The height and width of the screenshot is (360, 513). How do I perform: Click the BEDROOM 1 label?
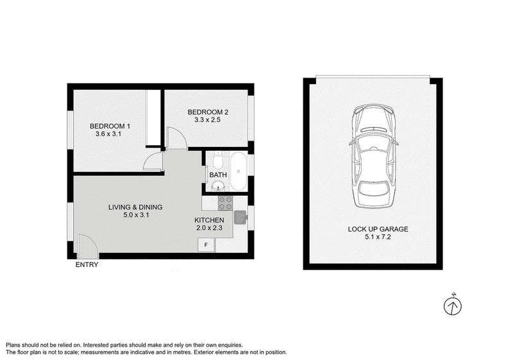110,126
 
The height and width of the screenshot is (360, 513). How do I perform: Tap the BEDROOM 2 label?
208,112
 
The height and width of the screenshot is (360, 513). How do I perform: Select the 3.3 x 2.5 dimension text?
207,120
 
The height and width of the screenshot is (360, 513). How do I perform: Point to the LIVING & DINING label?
135,207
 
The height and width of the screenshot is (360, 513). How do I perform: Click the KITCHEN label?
209,220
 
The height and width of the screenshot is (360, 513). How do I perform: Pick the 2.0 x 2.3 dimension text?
210,228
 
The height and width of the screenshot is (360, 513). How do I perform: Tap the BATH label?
218,175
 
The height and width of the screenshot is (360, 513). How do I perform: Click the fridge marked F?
206,244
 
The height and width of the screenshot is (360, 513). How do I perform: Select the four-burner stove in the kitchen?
226,203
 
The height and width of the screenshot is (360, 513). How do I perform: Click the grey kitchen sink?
240,218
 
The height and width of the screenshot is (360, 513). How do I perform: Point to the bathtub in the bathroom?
238,171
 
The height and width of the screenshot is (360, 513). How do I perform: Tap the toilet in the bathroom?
217,160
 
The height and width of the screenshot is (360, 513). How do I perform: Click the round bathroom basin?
218,187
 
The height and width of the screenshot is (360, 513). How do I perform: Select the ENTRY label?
87,265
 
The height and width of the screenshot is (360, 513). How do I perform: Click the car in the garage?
374,156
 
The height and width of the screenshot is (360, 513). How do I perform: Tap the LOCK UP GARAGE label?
378,229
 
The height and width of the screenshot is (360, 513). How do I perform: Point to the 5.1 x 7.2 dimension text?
378,237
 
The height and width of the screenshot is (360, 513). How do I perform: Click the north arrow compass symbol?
453,305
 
